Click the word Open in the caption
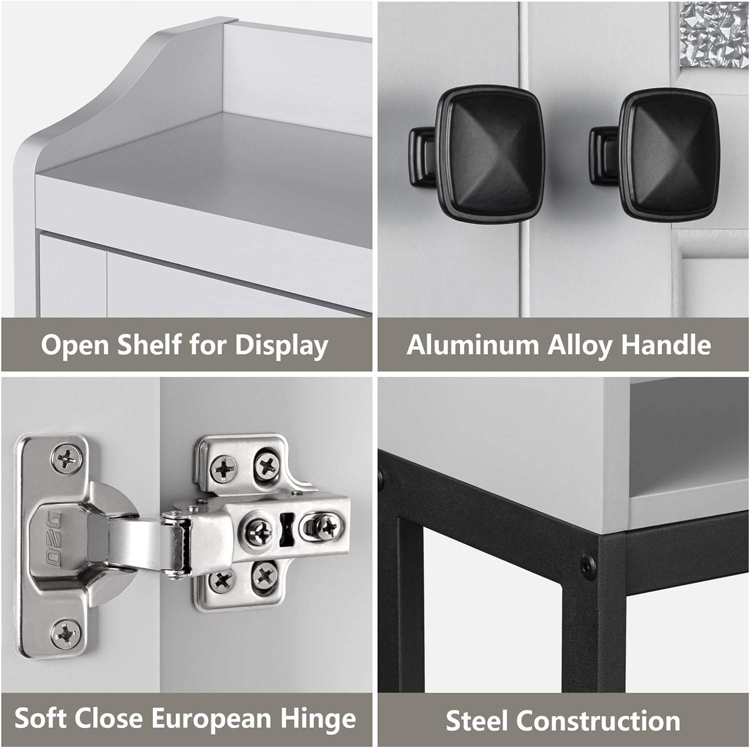pyautogui.click(x=75, y=346)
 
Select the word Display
pyautogui.click(x=281, y=346)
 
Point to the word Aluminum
pyautogui.click(x=472, y=345)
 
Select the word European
pyautogui.click(x=211, y=719)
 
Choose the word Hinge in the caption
pyautogui.click(x=318, y=719)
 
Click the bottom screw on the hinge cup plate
pyautogui.click(x=65, y=633)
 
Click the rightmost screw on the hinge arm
pyautogui.click(x=327, y=526)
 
